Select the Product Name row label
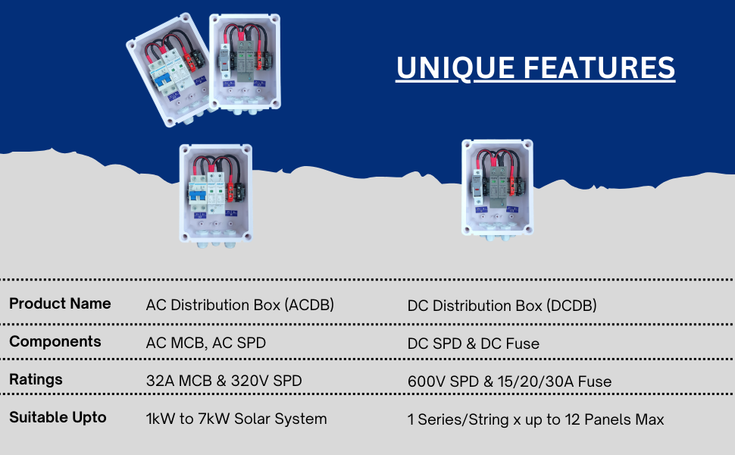(60, 303)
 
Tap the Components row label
(55, 341)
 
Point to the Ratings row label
(36, 379)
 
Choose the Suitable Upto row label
(58, 418)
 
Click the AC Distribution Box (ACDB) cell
(240, 305)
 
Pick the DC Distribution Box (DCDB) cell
(502, 306)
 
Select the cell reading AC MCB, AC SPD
(206, 343)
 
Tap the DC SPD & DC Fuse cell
(474, 344)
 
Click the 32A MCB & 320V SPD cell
(224, 381)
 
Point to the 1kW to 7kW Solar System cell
(236, 419)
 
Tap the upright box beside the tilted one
(245, 64)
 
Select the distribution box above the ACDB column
(216, 195)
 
